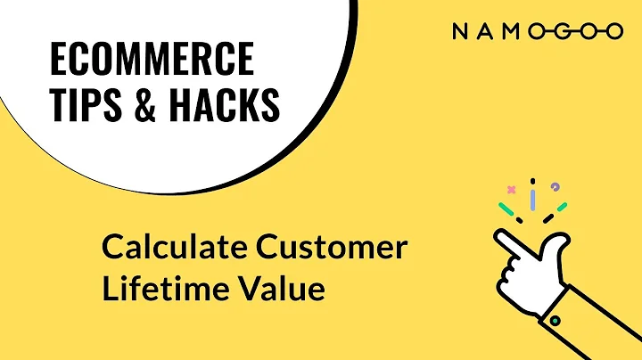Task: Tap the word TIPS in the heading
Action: pyautogui.click(x=86, y=107)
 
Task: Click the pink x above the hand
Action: pyautogui.click(x=511, y=189)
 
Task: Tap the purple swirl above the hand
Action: pyautogui.click(x=556, y=186)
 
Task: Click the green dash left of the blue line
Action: pyautogui.click(x=506, y=210)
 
